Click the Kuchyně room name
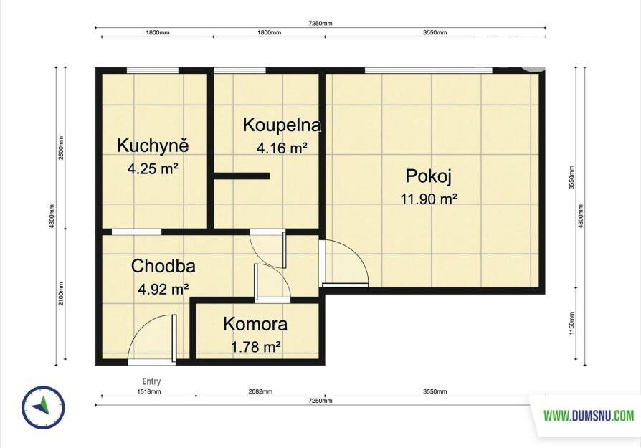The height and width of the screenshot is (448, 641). pos(153,146)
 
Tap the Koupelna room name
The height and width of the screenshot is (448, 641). pos(282,125)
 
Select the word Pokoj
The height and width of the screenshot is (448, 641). pos(429,176)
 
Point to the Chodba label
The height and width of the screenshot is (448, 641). pos(163,266)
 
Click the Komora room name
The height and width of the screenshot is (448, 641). pos(255,324)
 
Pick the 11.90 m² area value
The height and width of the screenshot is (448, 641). pos(429,199)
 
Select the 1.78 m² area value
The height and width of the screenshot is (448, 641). pos(255,347)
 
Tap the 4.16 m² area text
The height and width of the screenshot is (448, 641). pos(282,148)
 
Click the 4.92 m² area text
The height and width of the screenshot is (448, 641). pos(163,289)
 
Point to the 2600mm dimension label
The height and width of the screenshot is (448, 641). pos(61,148)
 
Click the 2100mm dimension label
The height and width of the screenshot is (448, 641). pos(61,293)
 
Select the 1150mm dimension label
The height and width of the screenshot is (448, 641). pos(571,323)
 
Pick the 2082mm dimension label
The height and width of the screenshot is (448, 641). pos(260,391)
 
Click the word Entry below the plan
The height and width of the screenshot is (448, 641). pos(151,381)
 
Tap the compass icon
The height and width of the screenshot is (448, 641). pos(43,407)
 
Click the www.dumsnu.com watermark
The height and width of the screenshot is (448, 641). pos(589,416)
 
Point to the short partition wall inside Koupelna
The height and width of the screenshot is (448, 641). pos(242,176)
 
